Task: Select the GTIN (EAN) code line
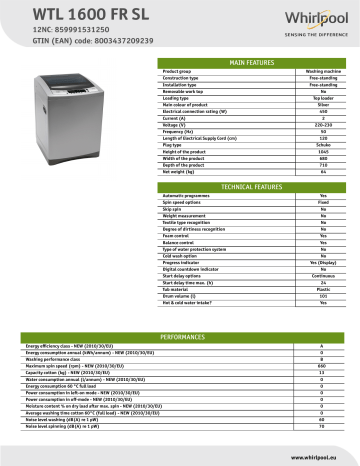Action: pyautogui.click(x=73, y=46)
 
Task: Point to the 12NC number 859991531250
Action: pyautogui.click(x=63, y=34)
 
